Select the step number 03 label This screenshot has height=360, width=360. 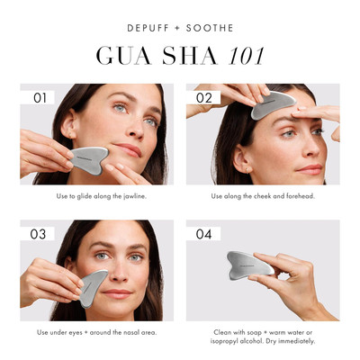[x=39, y=234]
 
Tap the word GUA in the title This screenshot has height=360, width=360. [x=121, y=56]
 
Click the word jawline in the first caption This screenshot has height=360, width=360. [x=127, y=196]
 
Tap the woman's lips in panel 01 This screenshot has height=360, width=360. [x=127, y=148]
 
